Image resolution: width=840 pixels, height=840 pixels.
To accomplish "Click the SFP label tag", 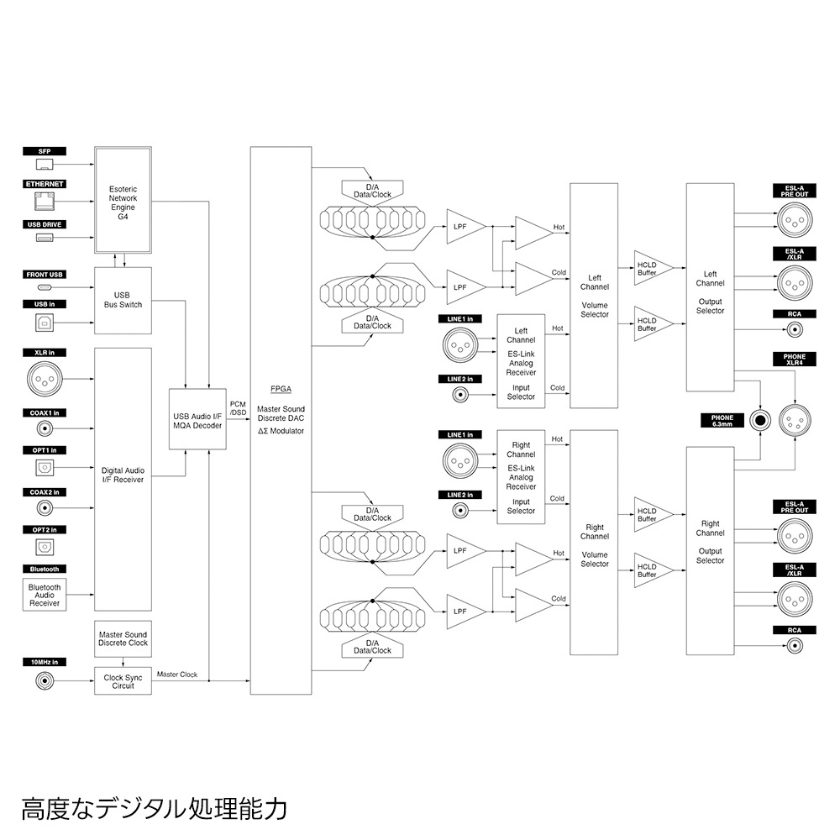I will [x=45, y=151].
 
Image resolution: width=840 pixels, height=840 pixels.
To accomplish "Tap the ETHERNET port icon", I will [x=45, y=202].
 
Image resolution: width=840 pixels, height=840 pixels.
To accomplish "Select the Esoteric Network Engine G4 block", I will [x=123, y=199].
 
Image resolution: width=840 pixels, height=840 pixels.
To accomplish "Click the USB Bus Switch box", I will [x=123, y=299].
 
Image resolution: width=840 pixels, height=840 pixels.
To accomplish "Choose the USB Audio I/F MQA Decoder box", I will [x=197, y=420].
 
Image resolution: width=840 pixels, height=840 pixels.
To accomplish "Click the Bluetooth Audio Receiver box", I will [x=45, y=595].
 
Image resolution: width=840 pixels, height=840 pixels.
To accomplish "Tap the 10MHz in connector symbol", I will [x=45, y=681].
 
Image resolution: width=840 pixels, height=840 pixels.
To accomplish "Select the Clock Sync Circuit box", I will [x=123, y=681].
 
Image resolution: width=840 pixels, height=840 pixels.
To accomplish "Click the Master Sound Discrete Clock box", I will [x=123, y=639].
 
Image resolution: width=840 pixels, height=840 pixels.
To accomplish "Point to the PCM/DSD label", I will [x=238, y=408].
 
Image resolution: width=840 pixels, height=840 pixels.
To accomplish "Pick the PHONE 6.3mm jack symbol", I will [x=761, y=420].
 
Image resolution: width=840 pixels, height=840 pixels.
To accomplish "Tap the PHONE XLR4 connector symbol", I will [x=794, y=417].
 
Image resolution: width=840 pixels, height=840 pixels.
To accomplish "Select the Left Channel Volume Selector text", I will [x=594, y=296].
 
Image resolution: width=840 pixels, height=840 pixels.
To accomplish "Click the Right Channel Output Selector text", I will [x=710, y=542].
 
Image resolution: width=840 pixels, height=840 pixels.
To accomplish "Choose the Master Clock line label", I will [x=177, y=675].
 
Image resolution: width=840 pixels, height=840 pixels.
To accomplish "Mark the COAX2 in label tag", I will [x=45, y=492].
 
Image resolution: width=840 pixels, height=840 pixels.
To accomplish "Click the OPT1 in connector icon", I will [x=45, y=468].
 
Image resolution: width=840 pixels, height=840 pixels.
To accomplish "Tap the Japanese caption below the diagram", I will [x=155, y=809].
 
